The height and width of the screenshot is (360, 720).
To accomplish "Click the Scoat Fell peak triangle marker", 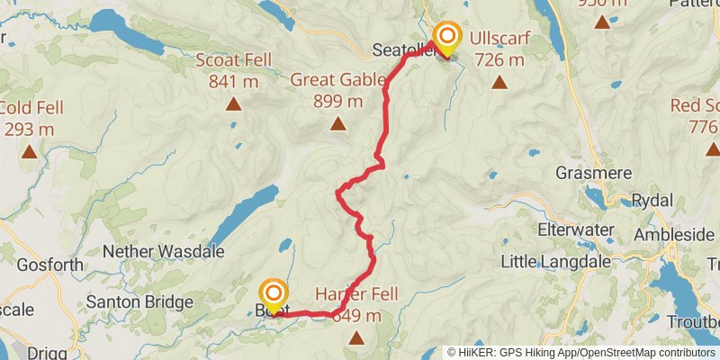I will pyautogui.click(x=234, y=104).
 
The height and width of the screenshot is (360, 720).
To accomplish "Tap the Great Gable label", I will pyautogui.click(x=337, y=79).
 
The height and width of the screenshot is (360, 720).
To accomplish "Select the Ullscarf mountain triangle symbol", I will pyautogui.click(x=499, y=84).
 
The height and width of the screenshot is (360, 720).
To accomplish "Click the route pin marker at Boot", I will pyautogui.click(x=273, y=296).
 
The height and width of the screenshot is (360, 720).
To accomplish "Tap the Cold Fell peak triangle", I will pyautogui.click(x=30, y=153).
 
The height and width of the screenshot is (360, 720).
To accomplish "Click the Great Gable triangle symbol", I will pyautogui.click(x=338, y=124).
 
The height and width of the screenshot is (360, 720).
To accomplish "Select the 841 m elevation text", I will pyautogui.click(x=233, y=82).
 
